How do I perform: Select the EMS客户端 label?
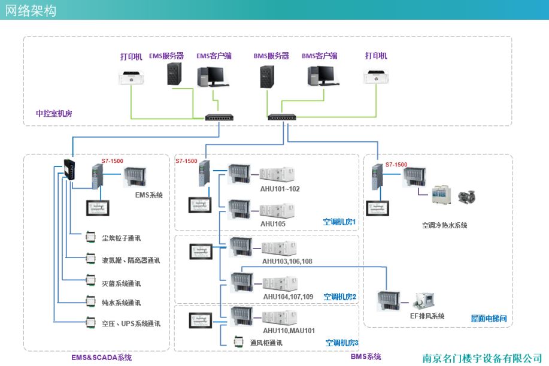[x=214, y=56]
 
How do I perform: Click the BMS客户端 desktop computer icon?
[x=320, y=75]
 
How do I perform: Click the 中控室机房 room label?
[x=54, y=113]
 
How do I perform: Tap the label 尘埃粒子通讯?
[x=121, y=238]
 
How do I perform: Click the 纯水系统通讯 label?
[x=121, y=303]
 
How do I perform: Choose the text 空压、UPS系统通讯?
[x=131, y=323]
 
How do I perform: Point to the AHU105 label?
[x=272, y=223]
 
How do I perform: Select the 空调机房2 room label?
[x=339, y=297]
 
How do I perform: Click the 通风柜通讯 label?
[x=266, y=343]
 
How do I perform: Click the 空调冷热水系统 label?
[x=444, y=225]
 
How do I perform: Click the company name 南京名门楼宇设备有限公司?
[x=482, y=358]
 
